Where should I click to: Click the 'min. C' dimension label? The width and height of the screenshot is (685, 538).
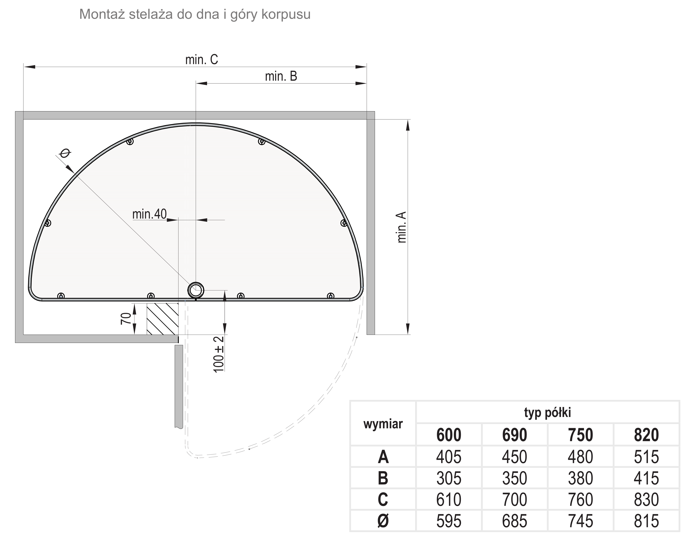202,59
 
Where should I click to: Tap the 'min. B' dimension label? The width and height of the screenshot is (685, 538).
281,76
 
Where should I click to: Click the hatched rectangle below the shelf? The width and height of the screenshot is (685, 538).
162,319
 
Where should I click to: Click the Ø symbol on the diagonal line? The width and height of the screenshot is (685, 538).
65,153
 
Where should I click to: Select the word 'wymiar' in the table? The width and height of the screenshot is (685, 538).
383,424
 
